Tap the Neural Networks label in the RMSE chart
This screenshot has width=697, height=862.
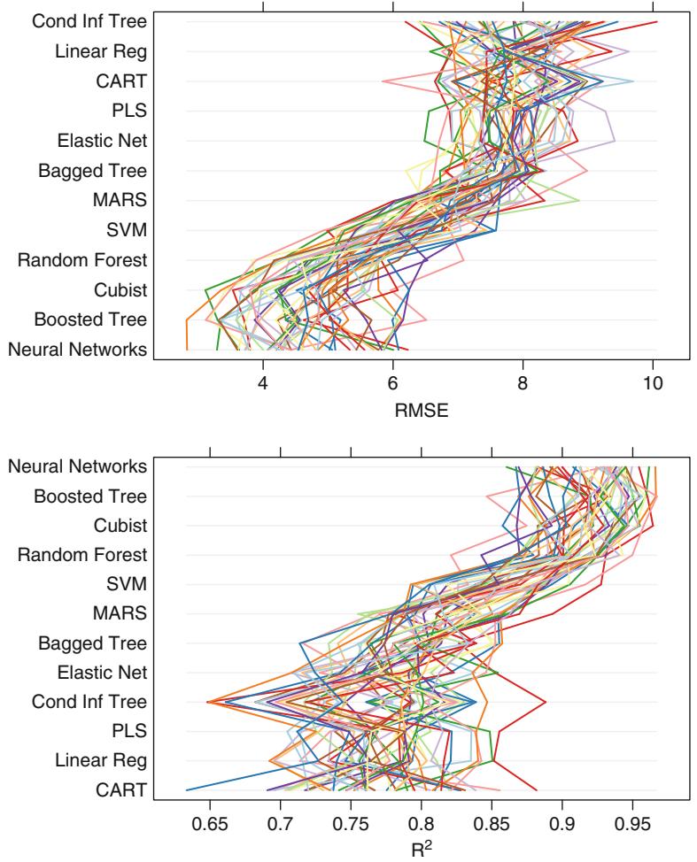77,350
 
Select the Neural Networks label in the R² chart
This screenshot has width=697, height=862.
77,466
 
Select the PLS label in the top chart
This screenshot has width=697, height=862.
131,112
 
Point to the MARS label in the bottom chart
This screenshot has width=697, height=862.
120,612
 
